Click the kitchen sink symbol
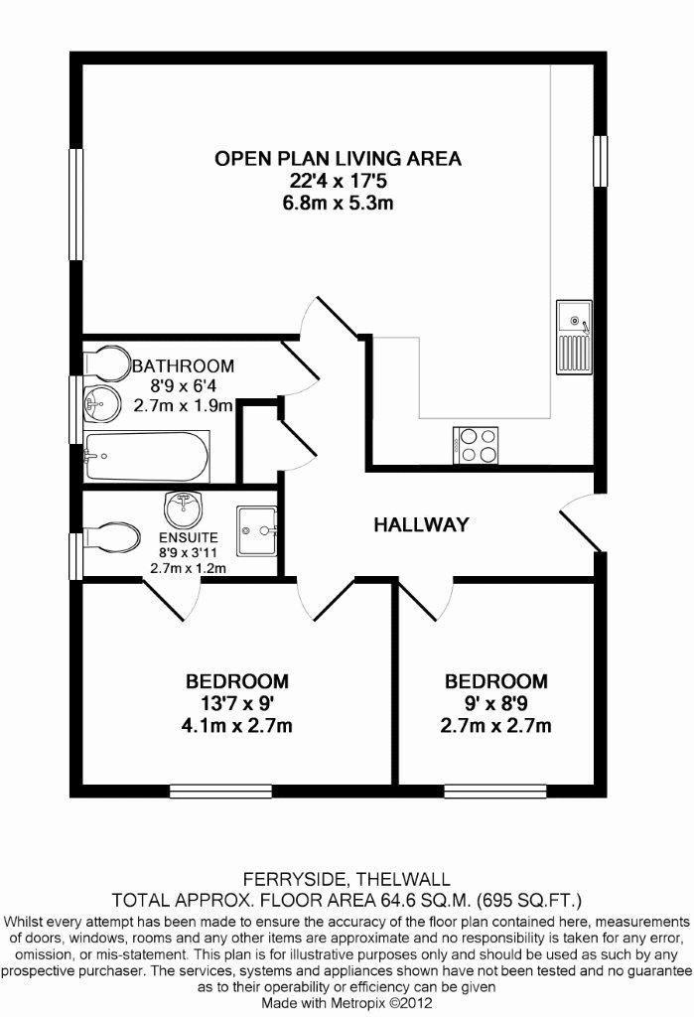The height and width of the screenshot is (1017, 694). (x=574, y=337)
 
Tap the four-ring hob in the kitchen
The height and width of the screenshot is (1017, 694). (x=478, y=444)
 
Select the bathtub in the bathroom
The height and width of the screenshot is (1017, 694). (x=147, y=457)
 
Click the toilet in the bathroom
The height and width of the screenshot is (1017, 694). (x=106, y=361)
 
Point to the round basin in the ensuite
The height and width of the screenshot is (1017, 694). (x=183, y=510)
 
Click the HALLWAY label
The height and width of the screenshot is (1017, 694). (x=420, y=524)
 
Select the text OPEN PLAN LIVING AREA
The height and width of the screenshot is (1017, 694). (x=339, y=158)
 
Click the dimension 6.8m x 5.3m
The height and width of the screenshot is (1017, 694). (x=339, y=204)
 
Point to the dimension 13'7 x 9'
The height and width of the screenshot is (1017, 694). (x=237, y=703)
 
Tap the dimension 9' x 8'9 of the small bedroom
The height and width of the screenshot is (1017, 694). (x=495, y=703)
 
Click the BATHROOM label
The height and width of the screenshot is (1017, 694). (x=184, y=365)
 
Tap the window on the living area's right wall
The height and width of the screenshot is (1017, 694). (x=599, y=159)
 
